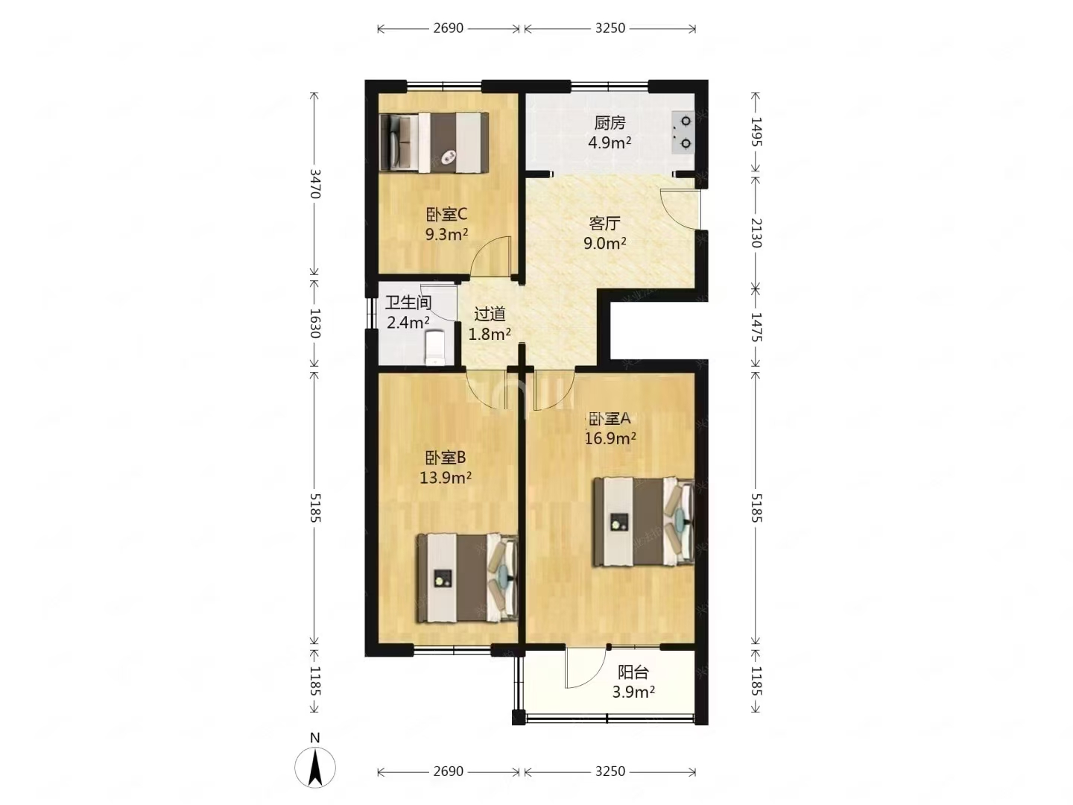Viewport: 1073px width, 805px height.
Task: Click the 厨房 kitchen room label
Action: (x=609, y=123)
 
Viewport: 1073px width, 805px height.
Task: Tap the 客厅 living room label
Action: (x=604, y=224)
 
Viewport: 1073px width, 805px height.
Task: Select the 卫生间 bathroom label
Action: (x=408, y=303)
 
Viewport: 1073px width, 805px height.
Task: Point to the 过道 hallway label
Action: (x=490, y=315)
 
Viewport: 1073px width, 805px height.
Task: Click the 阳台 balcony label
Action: (x=633, y=672)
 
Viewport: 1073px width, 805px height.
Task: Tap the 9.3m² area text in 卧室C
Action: (x=446, y=234)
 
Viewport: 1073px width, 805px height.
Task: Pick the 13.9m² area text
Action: (x=446, y=477)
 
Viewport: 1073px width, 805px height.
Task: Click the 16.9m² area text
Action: (x=610, y=438)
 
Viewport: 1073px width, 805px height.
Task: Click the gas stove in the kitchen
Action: (x=683, y=133)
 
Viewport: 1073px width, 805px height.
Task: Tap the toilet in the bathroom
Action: (x=434, y=347)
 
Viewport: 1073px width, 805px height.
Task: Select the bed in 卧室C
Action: (x=434, y=142)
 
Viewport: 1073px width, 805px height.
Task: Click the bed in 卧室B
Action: (x=467, y=578)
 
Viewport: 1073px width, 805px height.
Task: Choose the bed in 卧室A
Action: (x=643, y=522)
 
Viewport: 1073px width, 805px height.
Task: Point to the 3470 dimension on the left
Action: (x=314, y=184)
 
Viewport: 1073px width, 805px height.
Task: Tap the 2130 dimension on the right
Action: (x=756, y=233)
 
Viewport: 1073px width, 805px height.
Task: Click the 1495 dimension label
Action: (x=756, y=132)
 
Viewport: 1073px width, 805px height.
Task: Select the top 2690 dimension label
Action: (x=448, y=28)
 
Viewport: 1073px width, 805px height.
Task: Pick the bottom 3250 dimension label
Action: (x=610, y=771)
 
